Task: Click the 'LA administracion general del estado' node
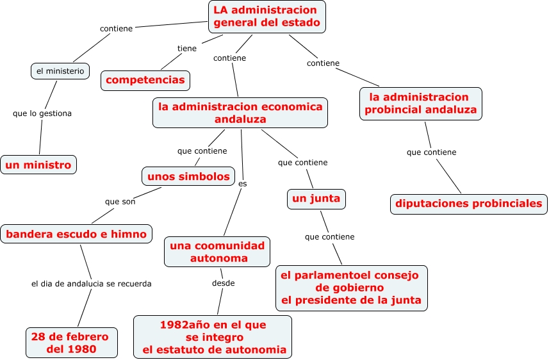[x=266, y=17]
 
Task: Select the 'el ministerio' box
[x=60, y=71]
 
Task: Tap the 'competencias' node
[x=145, y=80]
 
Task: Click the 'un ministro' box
[x=38, y=165]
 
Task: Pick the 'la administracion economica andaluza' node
[x=240, y=113]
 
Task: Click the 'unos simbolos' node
[x=188, y=176]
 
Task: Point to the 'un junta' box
[x=316, y=199]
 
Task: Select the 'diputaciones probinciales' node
[x=469, y=204]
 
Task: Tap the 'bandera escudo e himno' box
[x=76, y=234]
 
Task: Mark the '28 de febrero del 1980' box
[x=71, y=343]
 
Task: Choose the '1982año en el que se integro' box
[x=213, y=337]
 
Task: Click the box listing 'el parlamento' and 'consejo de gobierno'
[x=351, y=287]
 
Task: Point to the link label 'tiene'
[x=187, y=48]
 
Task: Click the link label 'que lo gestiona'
[x=42, y=113]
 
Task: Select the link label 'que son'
[x=120, y=201]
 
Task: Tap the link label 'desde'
[x=224, y=283]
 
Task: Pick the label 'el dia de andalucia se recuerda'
[x=92, y=283]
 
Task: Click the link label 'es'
[x=242, y=184]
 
